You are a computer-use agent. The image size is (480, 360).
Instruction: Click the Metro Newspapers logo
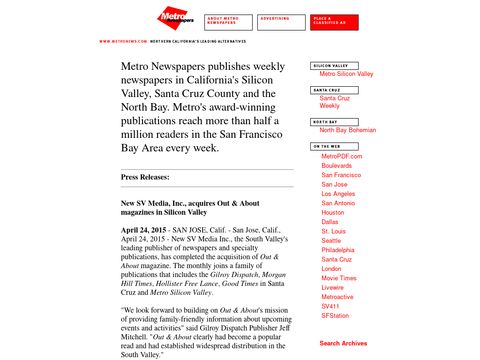pyautogui.click(x=175, y=20)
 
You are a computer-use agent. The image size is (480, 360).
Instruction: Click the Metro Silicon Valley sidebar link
pyautogui.click(x=346, y=74)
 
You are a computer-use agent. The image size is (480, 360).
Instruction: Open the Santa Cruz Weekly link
pyautogui.click(x=335, y=102)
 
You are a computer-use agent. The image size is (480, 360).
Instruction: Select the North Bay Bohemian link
pyautogui.click(x=348, y=130)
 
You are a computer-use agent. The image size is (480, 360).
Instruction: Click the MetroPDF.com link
pyautogui.click(x=342, y=157)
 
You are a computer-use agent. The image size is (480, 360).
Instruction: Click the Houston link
pyautogui.click(x=333, y=213)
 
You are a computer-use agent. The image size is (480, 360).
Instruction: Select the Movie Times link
pyautogui.click(x=340, y=278)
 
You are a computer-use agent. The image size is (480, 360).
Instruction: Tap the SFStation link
pyautogui.click(x=335, y=315)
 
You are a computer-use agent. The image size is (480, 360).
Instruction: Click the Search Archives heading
pyautogui.click(x=343, y=343)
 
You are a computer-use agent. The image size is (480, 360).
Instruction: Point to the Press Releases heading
pyautogui.click(x=145, y=177)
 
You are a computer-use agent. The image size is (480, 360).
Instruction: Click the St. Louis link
pyautogui.click(x=334, y=231)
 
